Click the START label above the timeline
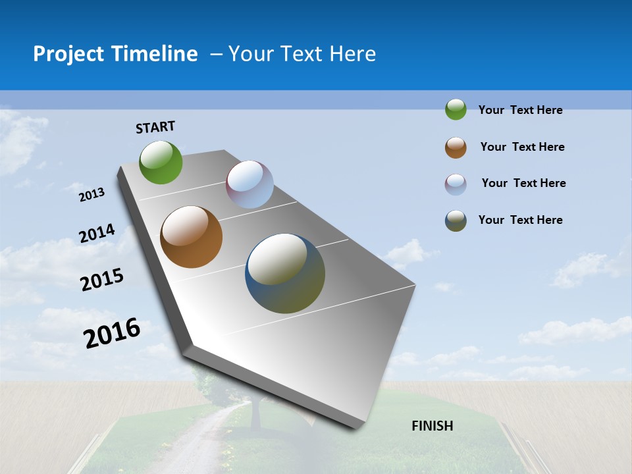[x=155, y=127]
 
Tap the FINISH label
[x=433, y=425]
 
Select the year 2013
[x=92, y=195]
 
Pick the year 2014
[x=97, y=234]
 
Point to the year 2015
[x=102, y=280]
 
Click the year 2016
[x=113, y=333]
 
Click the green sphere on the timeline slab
[x=161, y=163]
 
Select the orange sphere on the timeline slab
[x=192, y=237]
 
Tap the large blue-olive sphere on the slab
[x=285, y=273]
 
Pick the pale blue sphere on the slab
[x=250, y=184]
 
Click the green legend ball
[x=456, y=109]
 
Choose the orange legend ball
[x=456, y=147]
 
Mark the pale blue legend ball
[x=456, y=184]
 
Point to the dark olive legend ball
[x=456, y=221]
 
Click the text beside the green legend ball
[x=520, y=110]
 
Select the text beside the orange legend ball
[x=522, y=147]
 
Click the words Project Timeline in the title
[x=115, y=54]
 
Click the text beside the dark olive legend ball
[x=520, y=220]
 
